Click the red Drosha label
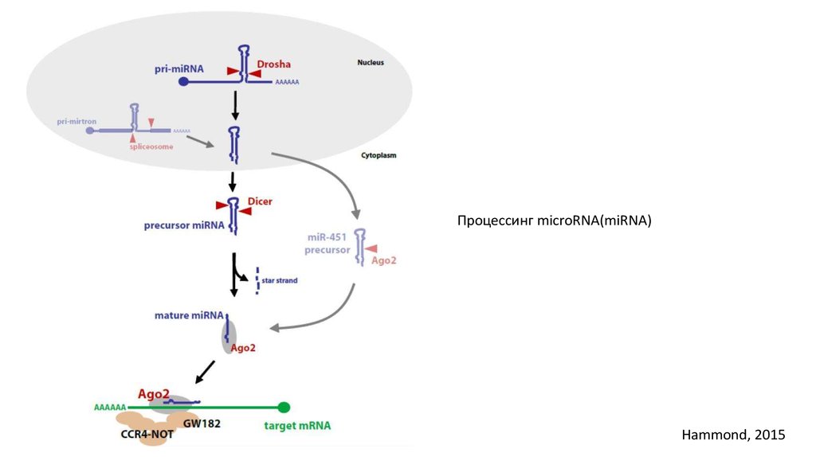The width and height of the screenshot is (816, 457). (x=273, y=64)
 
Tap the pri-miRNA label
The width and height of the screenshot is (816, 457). (x=178, y=69)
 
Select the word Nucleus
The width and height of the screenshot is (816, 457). (x=371, y=62)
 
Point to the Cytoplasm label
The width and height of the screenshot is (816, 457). (x=378, y=156)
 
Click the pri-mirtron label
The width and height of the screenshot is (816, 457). (x=76, y=122)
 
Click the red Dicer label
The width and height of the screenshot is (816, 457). (x=260, y=201)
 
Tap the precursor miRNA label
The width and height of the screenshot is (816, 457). (x=184, y=225)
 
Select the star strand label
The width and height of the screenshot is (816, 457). (x=280, y=280)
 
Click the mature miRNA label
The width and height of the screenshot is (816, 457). (x=189, y=315)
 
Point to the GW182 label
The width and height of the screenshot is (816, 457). (x=202, y=424)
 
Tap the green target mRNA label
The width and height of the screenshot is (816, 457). (x=297, y=426)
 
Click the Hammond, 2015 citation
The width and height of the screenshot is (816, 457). (x=733, y=435)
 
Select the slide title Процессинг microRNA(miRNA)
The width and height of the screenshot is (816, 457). (x=554, y=221)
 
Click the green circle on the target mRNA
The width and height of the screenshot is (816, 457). (x=284, y=407)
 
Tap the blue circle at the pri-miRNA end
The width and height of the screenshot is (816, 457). (x=184, y=81)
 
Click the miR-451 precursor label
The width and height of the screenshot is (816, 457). (x=328, y=244)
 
